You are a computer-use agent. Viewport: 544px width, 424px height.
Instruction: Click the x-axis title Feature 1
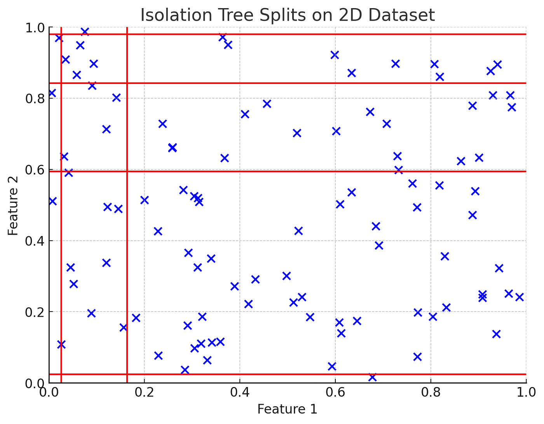[287, 409]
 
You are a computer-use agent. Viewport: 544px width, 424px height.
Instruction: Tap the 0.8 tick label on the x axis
[431, 393]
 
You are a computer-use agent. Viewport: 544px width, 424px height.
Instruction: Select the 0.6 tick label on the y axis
[35, 170]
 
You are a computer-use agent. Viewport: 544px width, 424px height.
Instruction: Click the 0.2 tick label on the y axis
[35, 312]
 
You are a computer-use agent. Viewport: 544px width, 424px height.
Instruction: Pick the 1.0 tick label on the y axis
[35, 28]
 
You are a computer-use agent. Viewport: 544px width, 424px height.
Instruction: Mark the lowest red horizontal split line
[311, 374]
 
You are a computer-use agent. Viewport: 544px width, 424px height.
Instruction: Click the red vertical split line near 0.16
[127, 233]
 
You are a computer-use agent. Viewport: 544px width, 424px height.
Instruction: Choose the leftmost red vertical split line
[61, 233]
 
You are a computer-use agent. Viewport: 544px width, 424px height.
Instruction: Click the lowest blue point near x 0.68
[372, 377]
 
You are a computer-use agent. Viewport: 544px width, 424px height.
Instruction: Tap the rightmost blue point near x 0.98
[519, 297]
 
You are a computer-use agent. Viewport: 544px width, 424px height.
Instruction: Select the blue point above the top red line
[85, 31]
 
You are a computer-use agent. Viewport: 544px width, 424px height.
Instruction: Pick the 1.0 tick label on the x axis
[525, 393]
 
